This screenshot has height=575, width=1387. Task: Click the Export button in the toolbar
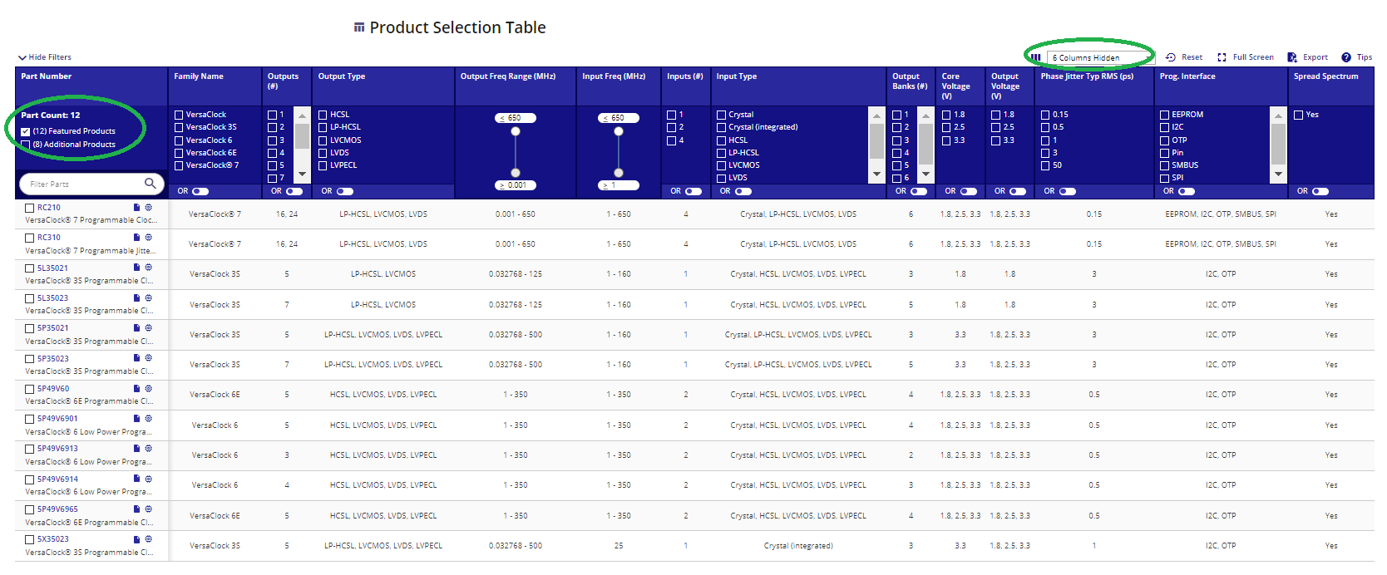click(x=1308, y=57)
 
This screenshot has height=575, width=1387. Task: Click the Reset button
click(x=1184, y=57)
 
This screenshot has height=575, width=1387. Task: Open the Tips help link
click(x=1357, y=57)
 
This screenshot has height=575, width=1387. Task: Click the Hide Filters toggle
click(x=45, y=57)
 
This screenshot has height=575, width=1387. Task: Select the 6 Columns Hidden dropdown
click(x=1099, y=57)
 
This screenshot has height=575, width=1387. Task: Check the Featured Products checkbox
click(x=26, y=131)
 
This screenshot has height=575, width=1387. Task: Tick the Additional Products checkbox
click(x=26, y=145)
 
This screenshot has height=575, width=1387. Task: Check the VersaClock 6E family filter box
click(x=179, y=153)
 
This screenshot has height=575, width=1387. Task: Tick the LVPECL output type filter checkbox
click(x=323, y=165)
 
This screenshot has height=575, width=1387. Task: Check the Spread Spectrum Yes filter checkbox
click(x=1299, y=115)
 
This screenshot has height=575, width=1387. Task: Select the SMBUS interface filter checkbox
click(x=1164, y=165)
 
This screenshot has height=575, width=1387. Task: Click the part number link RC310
click(x=49, y=238)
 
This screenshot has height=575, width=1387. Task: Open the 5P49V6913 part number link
click(x=57, y=449)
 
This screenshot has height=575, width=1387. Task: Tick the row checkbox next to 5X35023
click(x=29, y=540)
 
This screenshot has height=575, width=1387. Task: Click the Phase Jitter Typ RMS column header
click(x=1087, y=76)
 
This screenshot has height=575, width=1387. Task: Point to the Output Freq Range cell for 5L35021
click(x=516, y=274)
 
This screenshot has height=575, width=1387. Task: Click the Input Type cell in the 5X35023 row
click(x=798, y=546)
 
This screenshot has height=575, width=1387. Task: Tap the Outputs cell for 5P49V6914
click(x=287, y=485)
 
